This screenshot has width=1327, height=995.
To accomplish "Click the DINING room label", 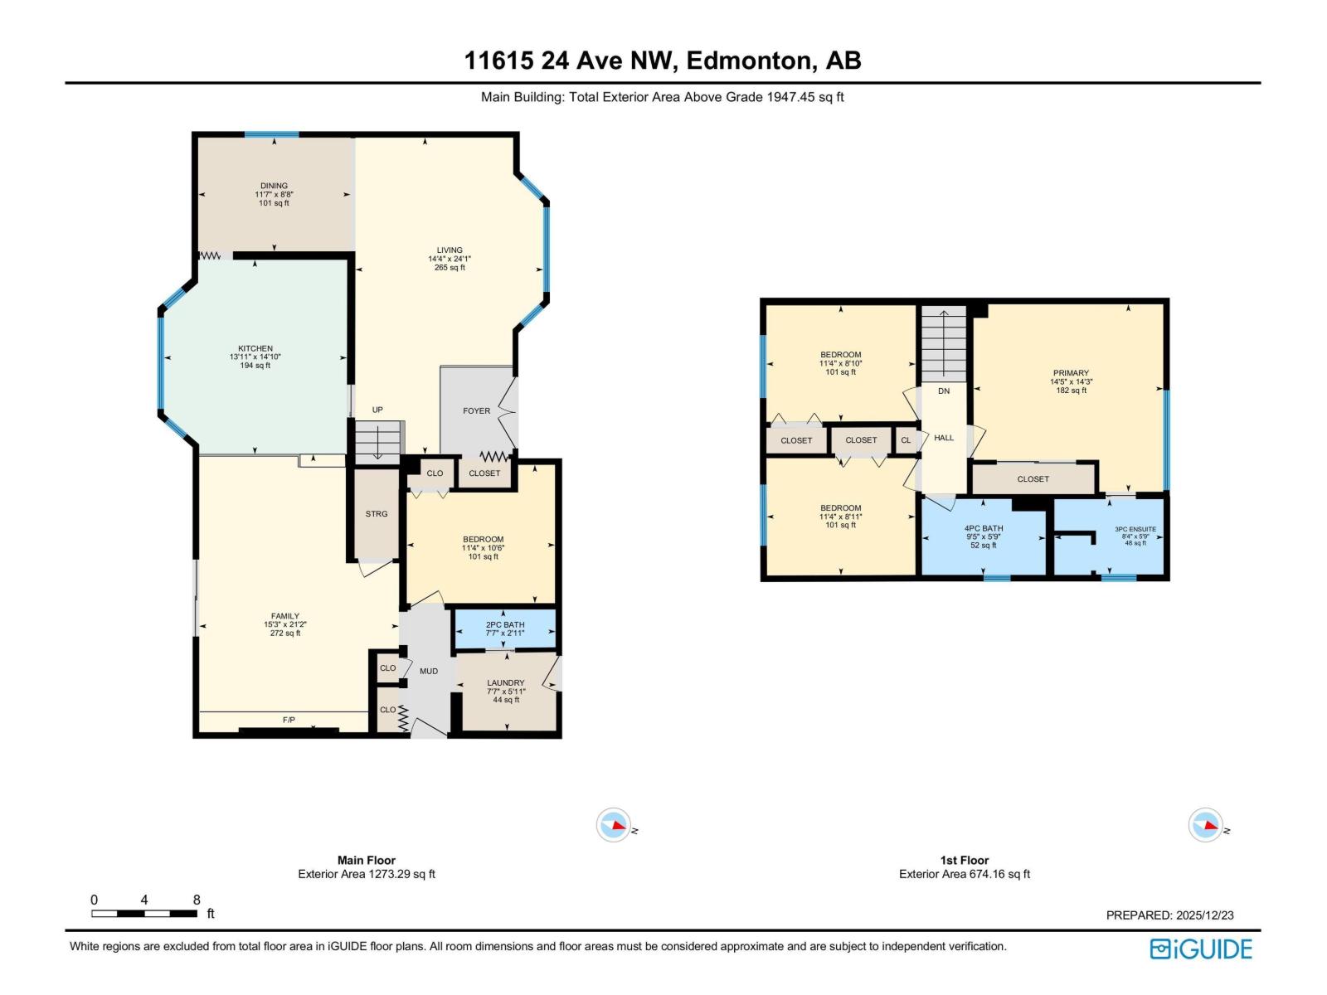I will pyautogui.click(x=274, y=186).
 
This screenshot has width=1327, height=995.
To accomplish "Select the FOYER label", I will pyautogui.click(x=476, y=410).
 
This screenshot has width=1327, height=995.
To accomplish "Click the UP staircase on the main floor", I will pyautogui.click(x=377, y=440).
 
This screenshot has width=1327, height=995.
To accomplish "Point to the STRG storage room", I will pyautogui.click(x=377, y=514).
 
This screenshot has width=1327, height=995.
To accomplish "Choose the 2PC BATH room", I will pyautogui.click(x=505, y=629).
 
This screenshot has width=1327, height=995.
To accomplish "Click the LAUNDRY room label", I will pyautogui.click(x=506, y=683).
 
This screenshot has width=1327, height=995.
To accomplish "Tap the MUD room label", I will pyautogui.click(x=429, y=671).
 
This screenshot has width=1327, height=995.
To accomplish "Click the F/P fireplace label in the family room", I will pyautogui.click(x=289, y=720).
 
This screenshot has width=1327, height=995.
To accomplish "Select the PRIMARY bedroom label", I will pyautogui.click(x=1071, y=373).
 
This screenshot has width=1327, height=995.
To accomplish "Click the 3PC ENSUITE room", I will pyautogui.click(x=1135, y=536).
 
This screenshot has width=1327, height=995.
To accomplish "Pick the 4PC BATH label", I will pyautogui.click(x=984, y=528).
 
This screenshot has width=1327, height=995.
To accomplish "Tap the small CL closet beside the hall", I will pyautogui.click(x=906, y=440).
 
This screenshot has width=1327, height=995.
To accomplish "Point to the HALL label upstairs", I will pyautogui.click(x=944, y=438).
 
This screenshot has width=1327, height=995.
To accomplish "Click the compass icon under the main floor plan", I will pyautogui.click(x=614, y=825).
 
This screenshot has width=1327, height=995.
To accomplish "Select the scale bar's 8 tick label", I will pyautogui.click(x=197, y=900).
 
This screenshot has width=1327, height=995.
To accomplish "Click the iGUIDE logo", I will pyautogui.click(x=1201, y=949).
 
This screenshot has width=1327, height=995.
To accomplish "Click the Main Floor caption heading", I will pyautogui.click(x=367, y=860).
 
